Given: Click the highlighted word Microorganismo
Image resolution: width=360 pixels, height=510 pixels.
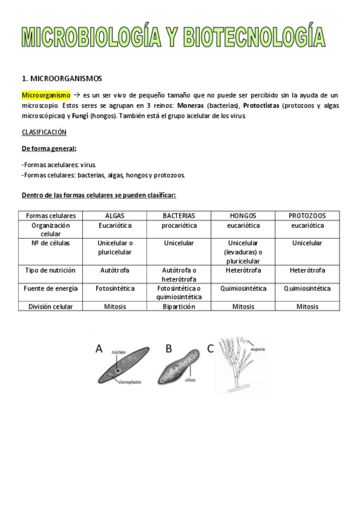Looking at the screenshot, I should pyautogui.click(x=46, y=95).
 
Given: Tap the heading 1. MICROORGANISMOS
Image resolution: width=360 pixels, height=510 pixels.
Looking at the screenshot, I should pyautogui.click(x=62, y=78).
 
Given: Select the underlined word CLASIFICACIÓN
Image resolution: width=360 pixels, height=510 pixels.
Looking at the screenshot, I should pyautogui.click(x=44, y=132).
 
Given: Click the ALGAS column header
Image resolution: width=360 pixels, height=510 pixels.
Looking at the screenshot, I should pyautogui.click(x=115, y=215).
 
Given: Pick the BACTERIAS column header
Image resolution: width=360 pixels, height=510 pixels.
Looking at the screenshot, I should pyautogui.click(x=178, y=215).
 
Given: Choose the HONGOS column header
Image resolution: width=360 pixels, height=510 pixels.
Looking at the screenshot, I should pyautogui.click(x=243, y=215).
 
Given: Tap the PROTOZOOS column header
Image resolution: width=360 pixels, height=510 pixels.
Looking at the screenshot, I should pyautogui.click(x=307, y=215).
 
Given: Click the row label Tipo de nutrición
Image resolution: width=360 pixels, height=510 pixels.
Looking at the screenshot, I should pyautogui.click(x=51, y=271).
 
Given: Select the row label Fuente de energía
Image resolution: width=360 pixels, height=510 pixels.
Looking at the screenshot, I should pyautogui.click(x=51, y=288).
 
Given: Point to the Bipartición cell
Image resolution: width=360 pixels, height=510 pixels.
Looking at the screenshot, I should pyautogui.click(x=178, y=306).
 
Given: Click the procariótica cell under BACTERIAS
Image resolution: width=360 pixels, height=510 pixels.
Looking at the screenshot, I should pyautogui.click(x=178, y=226).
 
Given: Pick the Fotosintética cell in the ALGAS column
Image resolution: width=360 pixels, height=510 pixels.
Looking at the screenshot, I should pyautogui.click(x=115, y=288).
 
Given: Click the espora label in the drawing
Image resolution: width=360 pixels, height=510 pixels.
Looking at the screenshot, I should pyautogui.click(x=259, y=348).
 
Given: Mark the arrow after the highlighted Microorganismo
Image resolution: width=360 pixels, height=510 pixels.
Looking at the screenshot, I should pyautogui.click(x=76, y=95).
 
